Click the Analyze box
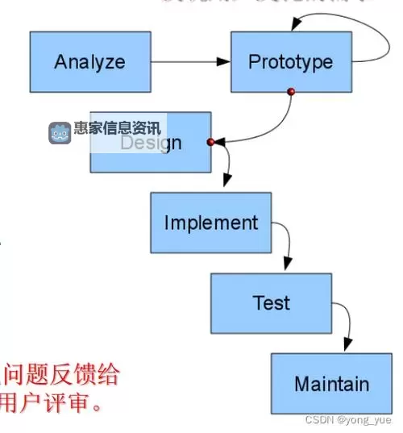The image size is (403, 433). [90, 62]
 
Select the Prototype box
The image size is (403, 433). [291, 62]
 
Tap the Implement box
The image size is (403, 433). [210, 223]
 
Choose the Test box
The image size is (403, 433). [271, 303]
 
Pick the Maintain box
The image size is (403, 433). [331, 384]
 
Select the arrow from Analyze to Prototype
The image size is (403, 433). [190, 62]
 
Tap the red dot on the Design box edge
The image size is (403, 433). [210, 142]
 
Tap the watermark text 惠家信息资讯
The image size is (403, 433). [117, 127]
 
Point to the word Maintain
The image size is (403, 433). [331, 384]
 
